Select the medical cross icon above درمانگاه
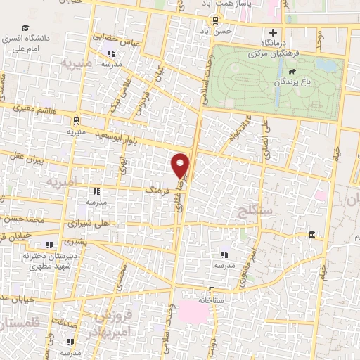coord(274,32)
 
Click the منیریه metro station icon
coord(76,119)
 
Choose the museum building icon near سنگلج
coord(311,234)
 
